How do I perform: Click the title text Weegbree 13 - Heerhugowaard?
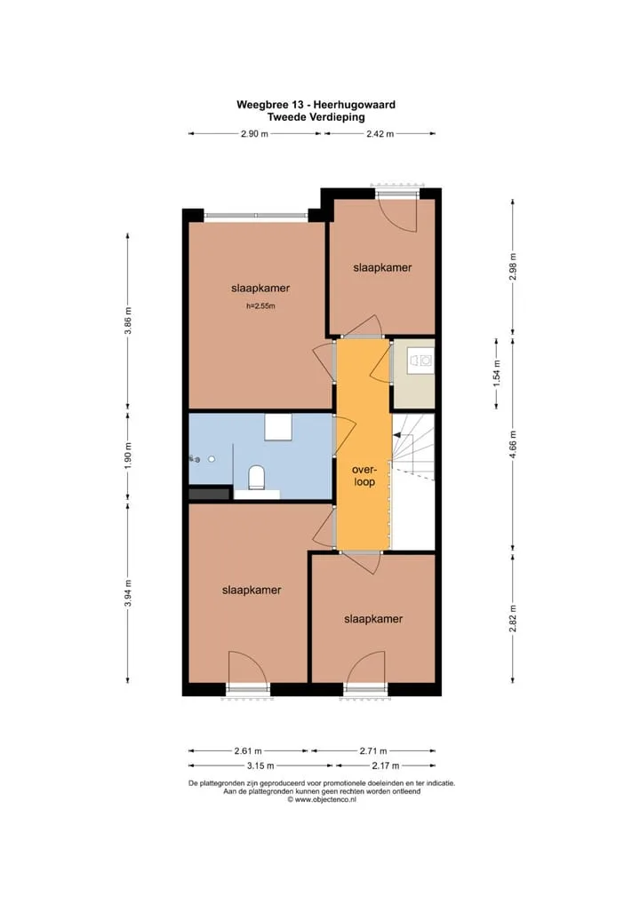coord(316,105)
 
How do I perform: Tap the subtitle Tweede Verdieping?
coord(316,116)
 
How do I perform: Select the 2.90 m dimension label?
coord(254,134)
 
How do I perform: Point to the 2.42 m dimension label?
coord(380,134)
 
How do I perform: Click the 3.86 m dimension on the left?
coord(128,321)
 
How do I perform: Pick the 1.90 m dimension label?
coord(128,456)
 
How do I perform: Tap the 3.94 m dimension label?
coord(128,592)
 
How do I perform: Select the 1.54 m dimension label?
coord(496,373)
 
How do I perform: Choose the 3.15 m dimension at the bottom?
coord(260,765)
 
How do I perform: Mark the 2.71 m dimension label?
coord(373,750)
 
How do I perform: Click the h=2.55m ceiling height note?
coord(260,306)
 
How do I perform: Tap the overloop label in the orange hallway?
coord(364,476)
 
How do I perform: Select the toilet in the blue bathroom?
coord(256,478)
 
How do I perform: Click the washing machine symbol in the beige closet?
coord(420,361)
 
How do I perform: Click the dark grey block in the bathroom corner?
coord(209,494)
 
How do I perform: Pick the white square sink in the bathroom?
coord(279,427)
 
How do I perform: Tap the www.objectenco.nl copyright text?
coord(322,799)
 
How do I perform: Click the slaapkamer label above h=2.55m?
coord(260,288)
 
